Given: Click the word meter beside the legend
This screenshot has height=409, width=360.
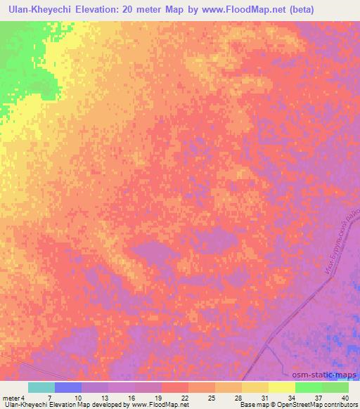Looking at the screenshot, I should pos(10,398).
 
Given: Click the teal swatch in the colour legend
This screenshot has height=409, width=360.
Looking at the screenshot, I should pos(41,387).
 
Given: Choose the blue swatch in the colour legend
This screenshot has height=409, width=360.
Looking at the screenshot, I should pos(68,387).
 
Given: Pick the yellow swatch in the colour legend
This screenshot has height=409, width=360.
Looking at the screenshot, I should pos(282,387).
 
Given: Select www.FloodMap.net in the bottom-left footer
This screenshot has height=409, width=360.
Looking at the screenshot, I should pos(150,405).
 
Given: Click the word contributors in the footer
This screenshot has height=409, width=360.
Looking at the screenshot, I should pos(340,405).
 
